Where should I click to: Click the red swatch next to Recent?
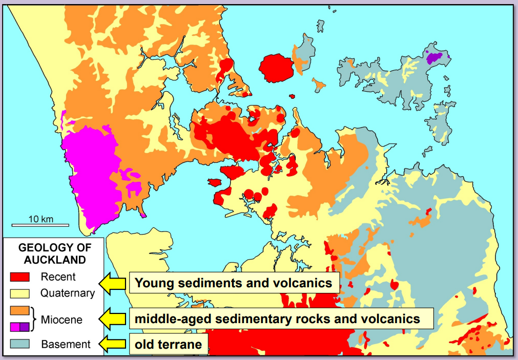(x=20, y=277)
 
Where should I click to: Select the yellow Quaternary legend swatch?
(x=20, y=293)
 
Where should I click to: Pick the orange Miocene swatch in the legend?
(x=20, y=311)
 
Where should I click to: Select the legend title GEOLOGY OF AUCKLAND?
(x=55, y=253)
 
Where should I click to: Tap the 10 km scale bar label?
(x=40, y=219)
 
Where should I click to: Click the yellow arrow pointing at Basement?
(x=114, y=344)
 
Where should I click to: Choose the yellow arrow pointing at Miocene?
(x=114, y=319)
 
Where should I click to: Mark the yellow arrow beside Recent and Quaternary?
(x=114, y=283)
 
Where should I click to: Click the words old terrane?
(x=169, y=344)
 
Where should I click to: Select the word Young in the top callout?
(x=152, y=283)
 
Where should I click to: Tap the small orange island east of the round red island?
(x=319, y=83)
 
